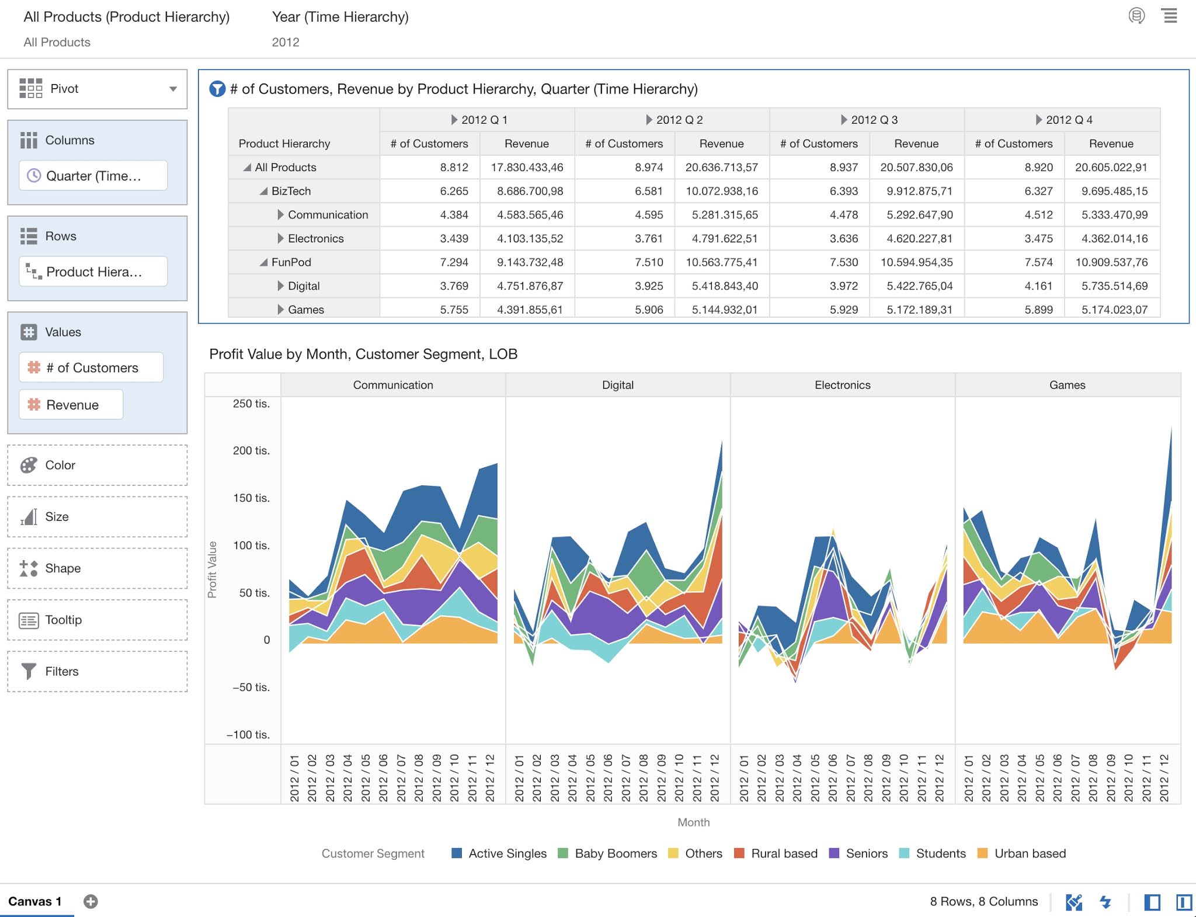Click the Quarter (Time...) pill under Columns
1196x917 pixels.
(x=93, y=176)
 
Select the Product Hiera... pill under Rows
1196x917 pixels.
(x=93, y=272)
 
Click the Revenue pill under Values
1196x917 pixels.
(x=71, y=405)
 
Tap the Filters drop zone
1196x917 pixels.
(x=97, y=672)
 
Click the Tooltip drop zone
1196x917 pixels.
(x=97, y=620)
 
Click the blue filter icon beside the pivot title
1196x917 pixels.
(x=217, y=89)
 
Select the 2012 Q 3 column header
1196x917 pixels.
(x=873, y=120)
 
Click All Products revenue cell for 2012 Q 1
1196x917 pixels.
(x=527, y=168)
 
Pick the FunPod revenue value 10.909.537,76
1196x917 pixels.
(x=1111, y=262)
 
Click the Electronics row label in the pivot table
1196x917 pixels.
(x=315, y=238)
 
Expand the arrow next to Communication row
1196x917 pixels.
(x=281, y=215)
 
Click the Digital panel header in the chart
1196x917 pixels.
(x=617, y=385)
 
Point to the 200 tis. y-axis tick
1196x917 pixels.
(x=251, y=450)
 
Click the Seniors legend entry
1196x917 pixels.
(x=866, y=853)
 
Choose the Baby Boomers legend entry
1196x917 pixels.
(x=616, y=853)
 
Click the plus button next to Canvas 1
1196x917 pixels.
(x=91, y=901)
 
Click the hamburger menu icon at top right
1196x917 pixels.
(x=1170, y=16)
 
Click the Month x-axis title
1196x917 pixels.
(x=693, y=822)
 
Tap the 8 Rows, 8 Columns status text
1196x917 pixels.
(x=983, y=901)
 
